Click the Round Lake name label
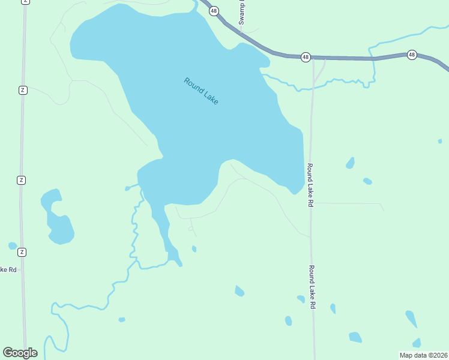pos(201,91)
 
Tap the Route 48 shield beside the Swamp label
pos(214,11)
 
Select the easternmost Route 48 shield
pos(412,55)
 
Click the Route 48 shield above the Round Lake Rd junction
pos(306,57)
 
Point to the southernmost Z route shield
pos(22,251)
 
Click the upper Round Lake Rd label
pos(310,185)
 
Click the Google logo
pos(20,353)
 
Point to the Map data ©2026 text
pos(423,355)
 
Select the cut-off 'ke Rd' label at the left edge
pos(8,269)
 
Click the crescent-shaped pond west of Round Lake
pos(57,219)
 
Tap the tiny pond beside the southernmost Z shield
pos(13,245)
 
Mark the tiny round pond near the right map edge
pos(440,141)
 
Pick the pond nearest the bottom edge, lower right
pos(355,337)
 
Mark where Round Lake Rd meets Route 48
pos(313,58)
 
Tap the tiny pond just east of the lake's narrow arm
pos(194,248)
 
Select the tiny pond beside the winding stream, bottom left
pos(122,319)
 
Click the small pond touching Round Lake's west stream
pos(127,188)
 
